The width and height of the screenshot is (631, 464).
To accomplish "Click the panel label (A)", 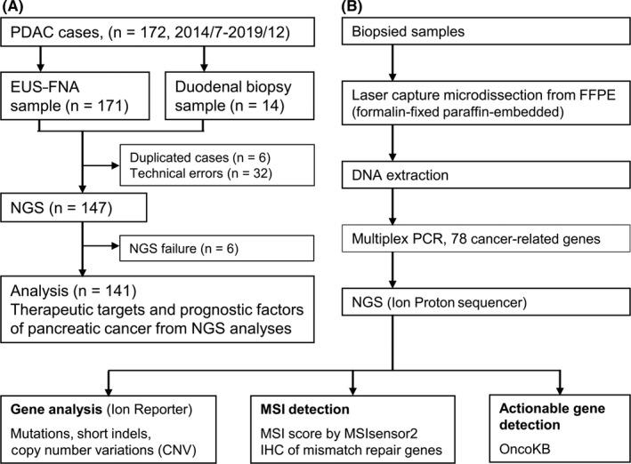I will coord(19,11).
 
